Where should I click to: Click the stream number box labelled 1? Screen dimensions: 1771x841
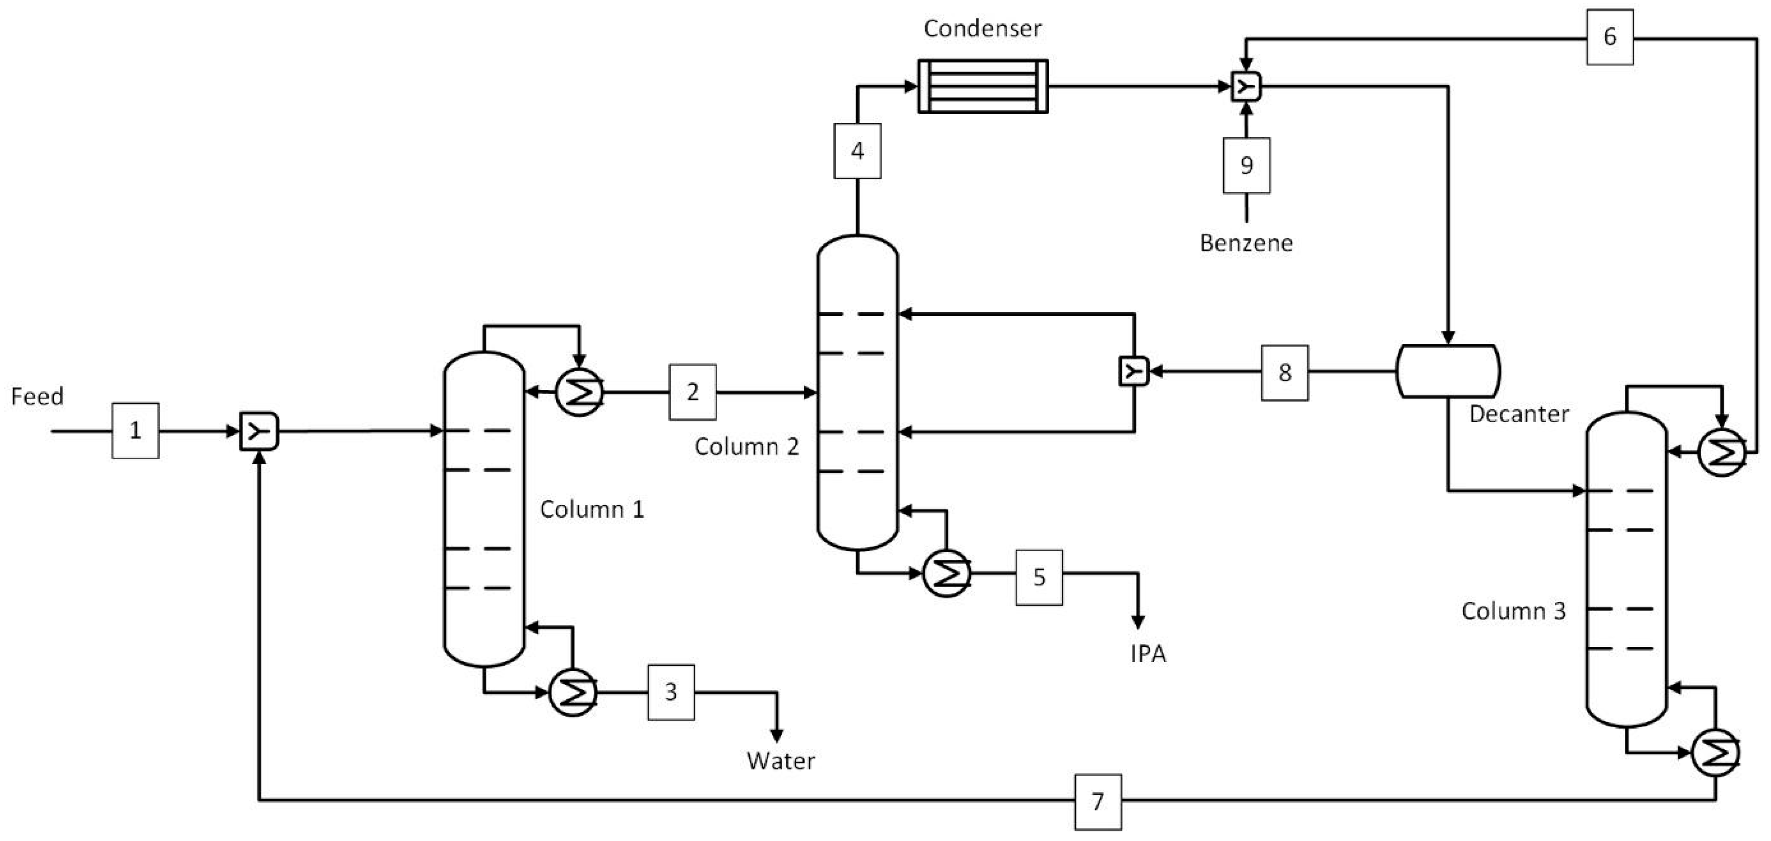[x=135, y=431]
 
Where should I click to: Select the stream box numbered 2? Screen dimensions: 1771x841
[x=692, y=392]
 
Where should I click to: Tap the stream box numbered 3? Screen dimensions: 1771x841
[x=671, y=692]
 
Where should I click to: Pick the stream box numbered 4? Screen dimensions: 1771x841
[x=857, y=151]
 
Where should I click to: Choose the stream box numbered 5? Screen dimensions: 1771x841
[x=1039, y=577]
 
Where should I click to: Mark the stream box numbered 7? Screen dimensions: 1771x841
[x=1098, y=802]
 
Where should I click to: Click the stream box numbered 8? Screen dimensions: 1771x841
[x=1284, y=373]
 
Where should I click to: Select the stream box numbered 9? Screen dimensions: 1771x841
[x=1246, y=166]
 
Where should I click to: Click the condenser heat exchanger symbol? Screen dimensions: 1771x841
[x=983, y=87]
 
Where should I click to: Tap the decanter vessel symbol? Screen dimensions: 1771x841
[x=1448, y=371]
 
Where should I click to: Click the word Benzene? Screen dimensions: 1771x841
[x=1246, y=243]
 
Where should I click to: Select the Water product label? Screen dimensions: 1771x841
[x=780, y=761]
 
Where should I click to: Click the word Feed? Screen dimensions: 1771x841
[x=37, y=396]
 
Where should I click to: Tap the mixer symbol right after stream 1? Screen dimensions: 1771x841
[x=259, y=431]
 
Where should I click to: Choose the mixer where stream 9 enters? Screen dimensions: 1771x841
[x=1246, y=87]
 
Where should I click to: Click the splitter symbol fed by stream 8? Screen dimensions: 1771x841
[x=1134, y=371]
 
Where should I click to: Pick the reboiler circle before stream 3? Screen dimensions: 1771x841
[x=573, y=693]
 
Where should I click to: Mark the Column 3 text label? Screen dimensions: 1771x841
[x=1513, y=611]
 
